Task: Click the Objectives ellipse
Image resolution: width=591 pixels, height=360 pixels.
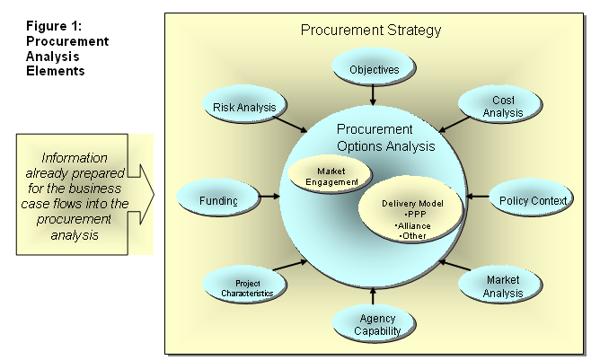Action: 373,68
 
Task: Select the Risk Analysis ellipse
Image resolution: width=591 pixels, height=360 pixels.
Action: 244,108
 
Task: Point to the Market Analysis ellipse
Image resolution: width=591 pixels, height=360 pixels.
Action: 503,286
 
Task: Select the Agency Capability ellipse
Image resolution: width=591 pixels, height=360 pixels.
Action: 372,324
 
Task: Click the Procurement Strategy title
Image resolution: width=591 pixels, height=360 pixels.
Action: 371,31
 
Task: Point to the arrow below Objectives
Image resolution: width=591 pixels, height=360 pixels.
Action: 373,94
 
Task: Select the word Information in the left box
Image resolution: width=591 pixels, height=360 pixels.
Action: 75,157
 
